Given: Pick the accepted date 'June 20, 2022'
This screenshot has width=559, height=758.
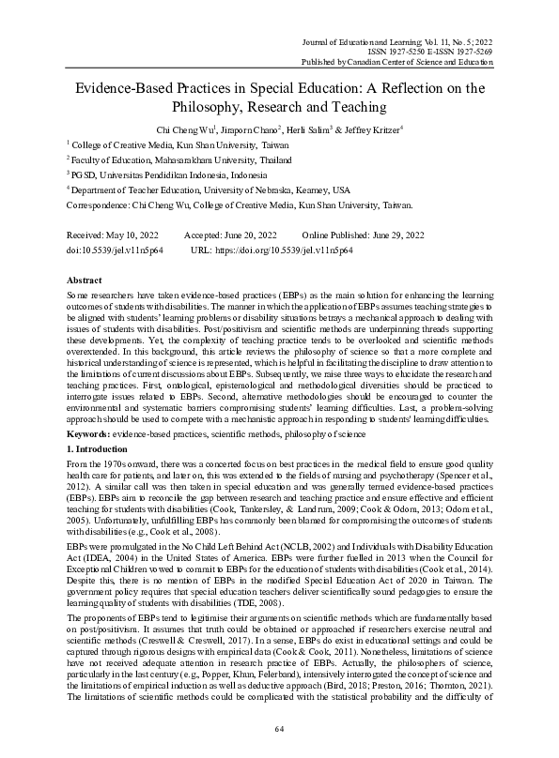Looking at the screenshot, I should [x=251, y=235].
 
